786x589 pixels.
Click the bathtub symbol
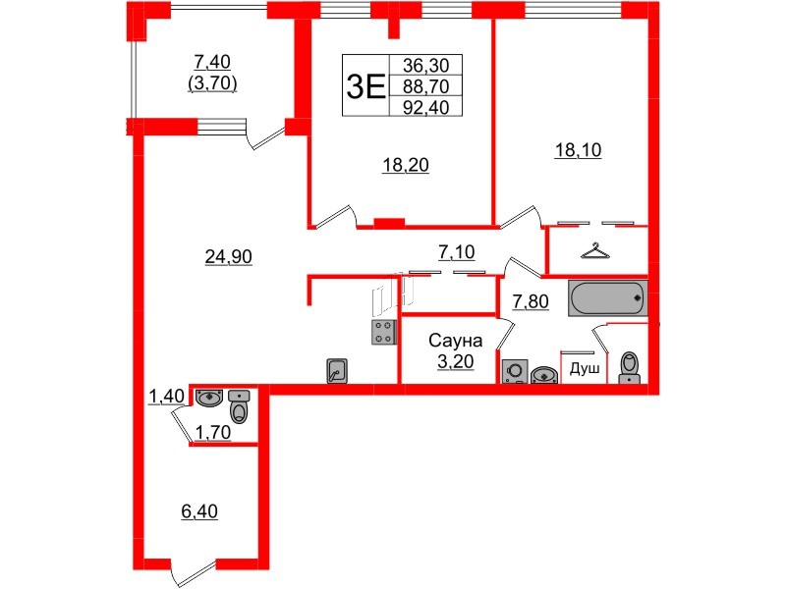coord(607,298)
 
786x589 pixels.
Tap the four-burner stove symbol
coord(384,333)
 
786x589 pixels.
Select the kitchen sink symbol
coord(337,371)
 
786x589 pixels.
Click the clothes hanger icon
coord(595,251)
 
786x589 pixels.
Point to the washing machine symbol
coord(515,371)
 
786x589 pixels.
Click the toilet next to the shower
coord(630,368)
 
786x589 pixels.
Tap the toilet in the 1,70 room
coord(239,406)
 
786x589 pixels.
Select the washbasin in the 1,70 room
coord(209,399)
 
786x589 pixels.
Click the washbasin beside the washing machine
coord(544,375)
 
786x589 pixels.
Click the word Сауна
coord(455,341)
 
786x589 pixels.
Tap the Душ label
coord(585,370)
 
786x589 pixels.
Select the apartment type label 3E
coord(365,86)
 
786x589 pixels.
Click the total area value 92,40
coord(426,107)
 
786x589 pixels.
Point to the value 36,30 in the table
coord(426,65)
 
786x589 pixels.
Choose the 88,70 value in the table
coord(426,86)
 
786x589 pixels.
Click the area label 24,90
coord(229,256)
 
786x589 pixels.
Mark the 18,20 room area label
coord(406,164)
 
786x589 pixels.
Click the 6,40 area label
coord(199,511)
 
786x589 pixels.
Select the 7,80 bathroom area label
coord(531,301)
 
